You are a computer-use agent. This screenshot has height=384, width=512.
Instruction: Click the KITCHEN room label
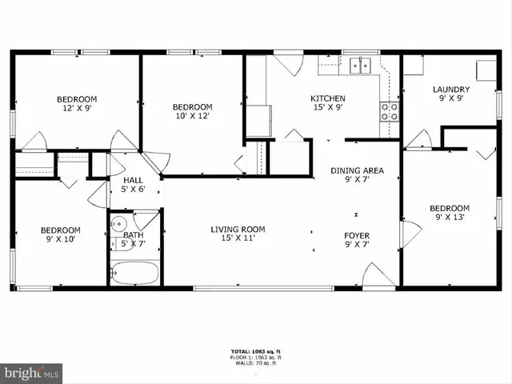[x=328, y=99]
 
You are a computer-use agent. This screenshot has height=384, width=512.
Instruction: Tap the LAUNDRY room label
[x=450, y=90]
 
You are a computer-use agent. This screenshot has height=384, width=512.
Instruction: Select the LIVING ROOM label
[x=238, y=230]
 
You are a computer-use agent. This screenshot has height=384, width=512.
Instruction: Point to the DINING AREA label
[x=357, y=170]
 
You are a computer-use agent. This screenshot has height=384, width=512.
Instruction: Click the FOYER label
[x=357, y=234]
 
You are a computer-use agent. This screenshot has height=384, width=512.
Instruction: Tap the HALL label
[x=133, y=181]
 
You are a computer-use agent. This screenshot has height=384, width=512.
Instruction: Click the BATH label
[x=133, y=235]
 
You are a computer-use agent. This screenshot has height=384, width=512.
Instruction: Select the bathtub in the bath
[x=134, y=273]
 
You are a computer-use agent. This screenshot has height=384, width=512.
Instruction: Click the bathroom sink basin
[x=118, y=224]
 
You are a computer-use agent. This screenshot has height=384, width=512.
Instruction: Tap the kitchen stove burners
[x=390, y=111]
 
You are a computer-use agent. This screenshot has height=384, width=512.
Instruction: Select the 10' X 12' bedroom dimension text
[x=193, y=117]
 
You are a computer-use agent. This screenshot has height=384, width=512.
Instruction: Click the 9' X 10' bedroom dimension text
[x=61, y=240]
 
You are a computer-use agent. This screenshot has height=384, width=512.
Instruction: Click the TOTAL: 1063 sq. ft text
[x=255, y=352]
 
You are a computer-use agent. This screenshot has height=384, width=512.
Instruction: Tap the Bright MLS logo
[x=32, y=372]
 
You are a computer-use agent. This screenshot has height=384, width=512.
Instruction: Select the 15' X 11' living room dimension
[x=238, y=239]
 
